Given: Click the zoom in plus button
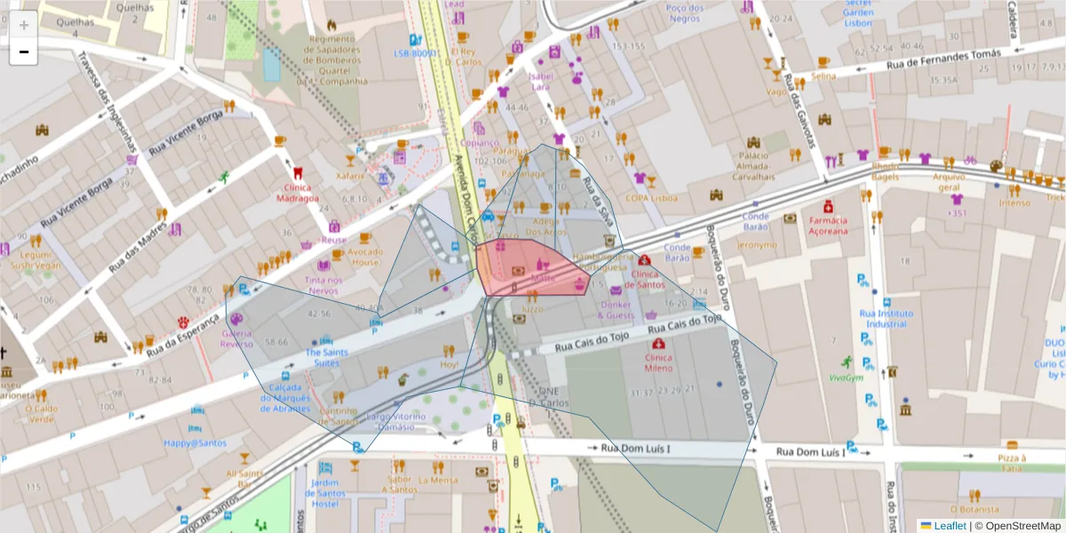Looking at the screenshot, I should click(24, 24).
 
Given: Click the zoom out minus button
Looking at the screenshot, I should click(24, 52).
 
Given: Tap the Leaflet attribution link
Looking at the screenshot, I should click(948, 526).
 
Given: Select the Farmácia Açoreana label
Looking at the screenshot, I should click(827, 226).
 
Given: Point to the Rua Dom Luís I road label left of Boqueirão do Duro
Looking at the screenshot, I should click(635, 449).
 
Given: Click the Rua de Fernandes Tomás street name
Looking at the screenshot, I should click(930, 61).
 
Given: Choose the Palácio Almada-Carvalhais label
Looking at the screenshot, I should click(752, 171).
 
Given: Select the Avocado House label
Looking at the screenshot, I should click(364, 257).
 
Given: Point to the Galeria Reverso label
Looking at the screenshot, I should click(236, 338).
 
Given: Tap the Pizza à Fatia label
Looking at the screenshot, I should click(1011, 463).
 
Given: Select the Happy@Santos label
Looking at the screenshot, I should click(195, 442).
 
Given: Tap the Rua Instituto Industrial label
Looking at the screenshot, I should click(886, 318).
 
